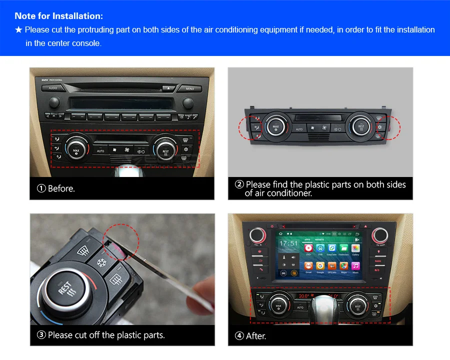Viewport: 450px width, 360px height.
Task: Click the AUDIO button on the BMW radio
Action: (53, 88)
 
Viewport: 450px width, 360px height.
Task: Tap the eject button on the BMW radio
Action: (168, 88)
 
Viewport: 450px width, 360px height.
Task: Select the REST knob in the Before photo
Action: (165, 149)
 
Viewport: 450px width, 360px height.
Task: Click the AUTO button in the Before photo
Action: (100, 151)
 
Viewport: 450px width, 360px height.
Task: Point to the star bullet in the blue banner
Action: (18, 30)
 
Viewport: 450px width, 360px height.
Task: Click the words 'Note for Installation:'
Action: (59, 16)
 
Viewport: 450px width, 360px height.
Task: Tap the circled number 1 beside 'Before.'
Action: (41, 188)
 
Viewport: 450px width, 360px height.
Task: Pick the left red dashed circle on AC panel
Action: (251, 128)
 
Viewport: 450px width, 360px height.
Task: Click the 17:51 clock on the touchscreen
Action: (288, 244)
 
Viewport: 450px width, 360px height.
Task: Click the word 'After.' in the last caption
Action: (256, 336)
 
